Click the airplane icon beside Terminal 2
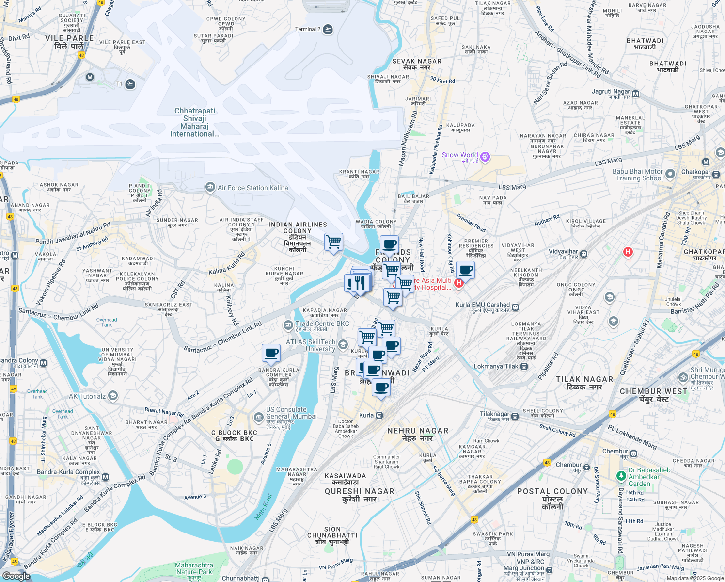coord(328,30)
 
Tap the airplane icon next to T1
coord(130,84)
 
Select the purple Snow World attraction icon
coord(485,157)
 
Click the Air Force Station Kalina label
coord(252,188)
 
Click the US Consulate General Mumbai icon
coord(258,417)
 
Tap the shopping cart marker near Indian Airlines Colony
coord(333,242)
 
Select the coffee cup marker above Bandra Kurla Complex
coord(271,353)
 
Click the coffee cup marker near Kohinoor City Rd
coord(465,270)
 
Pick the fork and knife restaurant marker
coord(359,282)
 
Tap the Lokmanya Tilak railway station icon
coord(524,367)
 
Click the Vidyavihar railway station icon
coord(584,253)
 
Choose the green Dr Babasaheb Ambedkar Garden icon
coord(621,476)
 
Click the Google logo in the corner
coord(16,576)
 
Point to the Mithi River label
coord(264,507)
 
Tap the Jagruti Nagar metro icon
coord(636,94)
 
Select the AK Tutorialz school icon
coord(112,396)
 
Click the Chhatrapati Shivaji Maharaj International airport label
coord(195,122)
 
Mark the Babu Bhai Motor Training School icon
coord(670,174)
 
